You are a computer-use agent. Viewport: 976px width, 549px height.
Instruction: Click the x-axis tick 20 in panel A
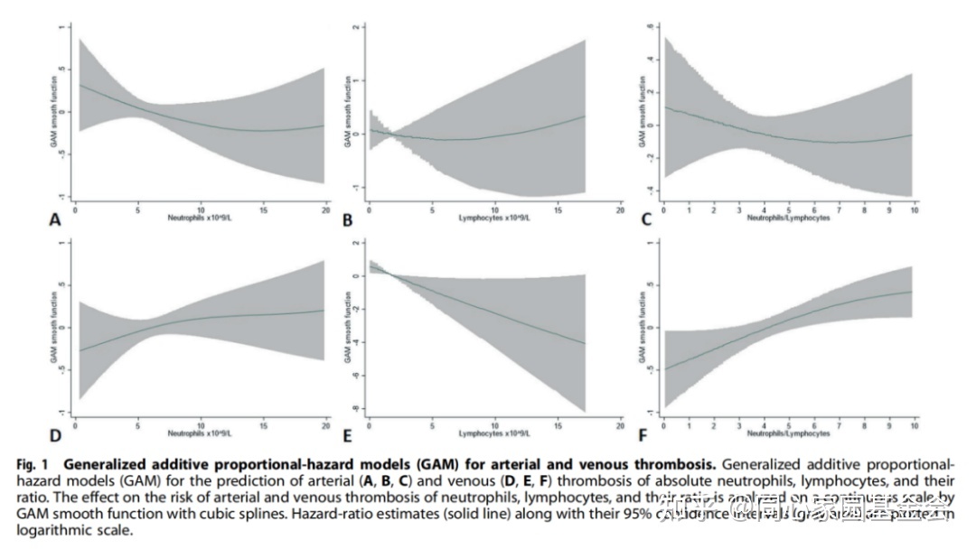pos(325,209)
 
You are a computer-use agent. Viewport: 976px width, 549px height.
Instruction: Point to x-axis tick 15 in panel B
pos(558,209)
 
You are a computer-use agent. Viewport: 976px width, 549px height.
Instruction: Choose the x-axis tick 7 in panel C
pos(838,209)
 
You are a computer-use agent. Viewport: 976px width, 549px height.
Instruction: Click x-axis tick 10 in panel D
pos(201,424)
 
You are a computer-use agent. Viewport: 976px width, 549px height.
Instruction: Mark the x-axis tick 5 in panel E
pos(432,424)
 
